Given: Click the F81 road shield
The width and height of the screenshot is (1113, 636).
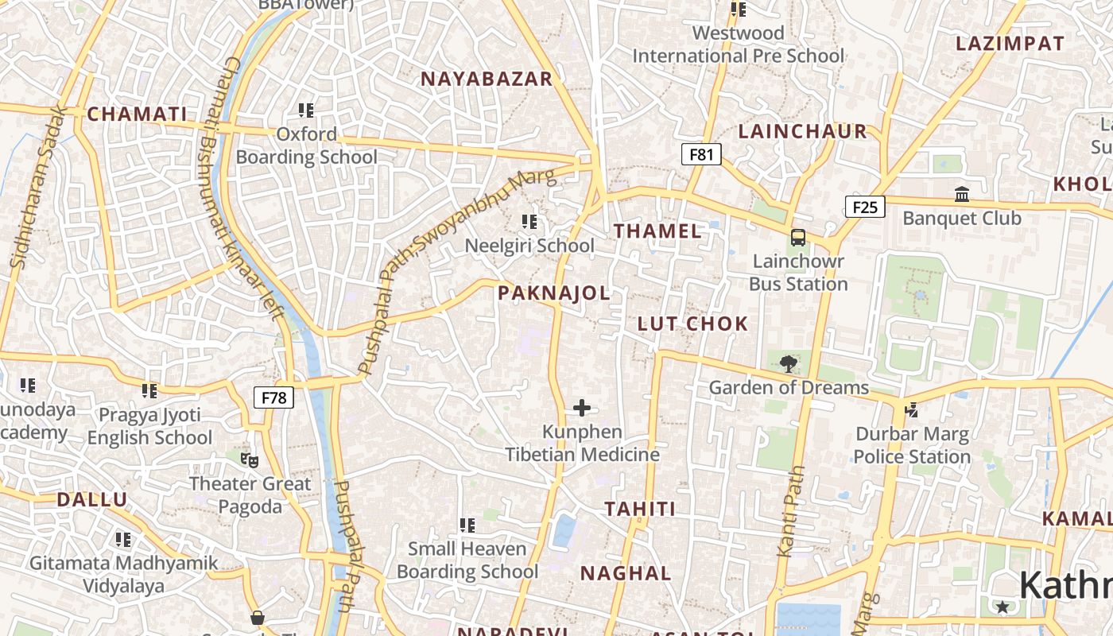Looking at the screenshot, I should [x=701, y=154].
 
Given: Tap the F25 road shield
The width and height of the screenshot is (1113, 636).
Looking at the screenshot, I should [x=864, y=207].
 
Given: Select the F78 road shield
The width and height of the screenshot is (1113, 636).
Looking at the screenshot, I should [x=273, y=397].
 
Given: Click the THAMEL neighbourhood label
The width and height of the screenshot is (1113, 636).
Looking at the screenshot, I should [x=658, y=231].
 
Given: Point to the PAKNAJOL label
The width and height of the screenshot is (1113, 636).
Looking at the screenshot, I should [x=554, y=293].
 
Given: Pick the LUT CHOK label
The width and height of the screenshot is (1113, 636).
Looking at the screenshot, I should [x=692, y=324].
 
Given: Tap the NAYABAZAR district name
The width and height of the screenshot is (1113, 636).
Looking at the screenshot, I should [x=486, y=79].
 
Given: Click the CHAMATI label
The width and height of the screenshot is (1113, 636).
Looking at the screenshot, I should [x=137, y=114].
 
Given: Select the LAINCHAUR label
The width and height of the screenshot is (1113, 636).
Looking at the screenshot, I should [x=802, y=132].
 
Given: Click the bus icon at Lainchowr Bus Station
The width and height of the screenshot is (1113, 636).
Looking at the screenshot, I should [x=797, y=238].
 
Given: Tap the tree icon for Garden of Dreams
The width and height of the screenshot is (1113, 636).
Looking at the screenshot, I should [x=788, y=364].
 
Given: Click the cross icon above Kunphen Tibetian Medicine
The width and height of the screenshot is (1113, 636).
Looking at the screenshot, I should [x=582, y=409].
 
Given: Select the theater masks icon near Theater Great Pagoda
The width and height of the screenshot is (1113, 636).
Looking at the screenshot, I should [x=250, y=460].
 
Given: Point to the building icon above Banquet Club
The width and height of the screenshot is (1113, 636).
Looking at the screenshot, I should [x=962, y=194].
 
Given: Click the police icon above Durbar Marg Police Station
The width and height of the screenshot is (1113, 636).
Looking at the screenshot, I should [x=912, y=410].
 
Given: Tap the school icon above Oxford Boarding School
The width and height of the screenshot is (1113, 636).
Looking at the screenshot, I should [x=306, y=111].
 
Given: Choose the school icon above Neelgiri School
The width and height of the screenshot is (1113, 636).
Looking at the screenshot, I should [x=529, y=222].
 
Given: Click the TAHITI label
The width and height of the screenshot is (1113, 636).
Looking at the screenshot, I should [x=640, y=510].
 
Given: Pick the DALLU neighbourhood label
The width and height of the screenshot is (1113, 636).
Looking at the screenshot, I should [x=91, y=500].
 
